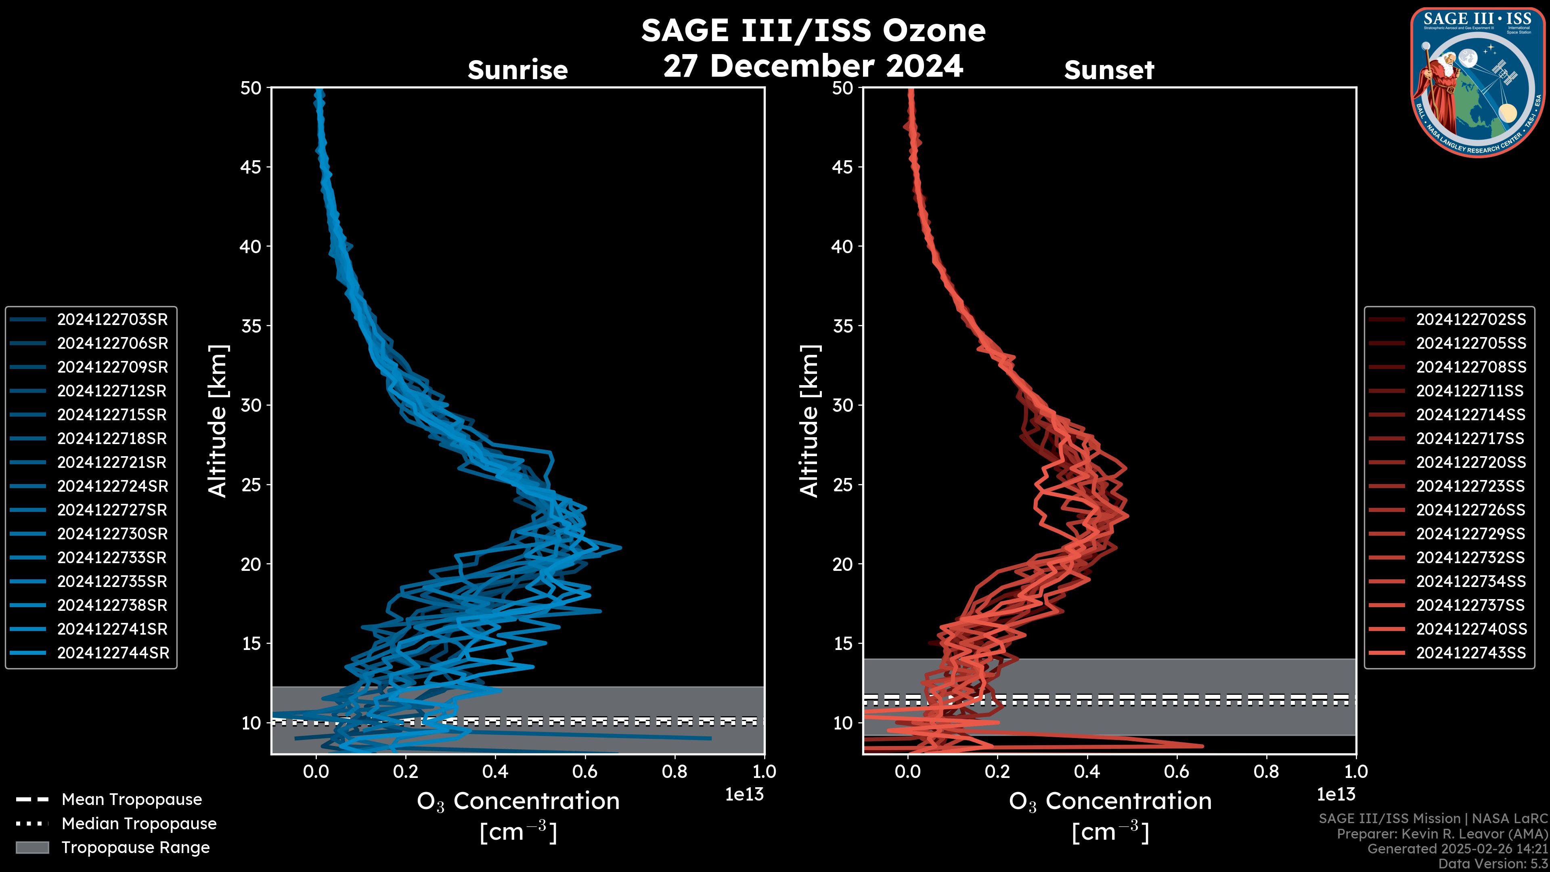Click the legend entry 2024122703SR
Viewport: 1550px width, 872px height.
pyautogui.click(x=113, y=320)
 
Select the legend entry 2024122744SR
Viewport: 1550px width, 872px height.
pyautogui.click(x=113, y=653)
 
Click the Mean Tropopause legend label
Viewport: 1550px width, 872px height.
pyautogui.click(x=132, y=799)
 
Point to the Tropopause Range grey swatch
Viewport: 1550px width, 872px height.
pyautogui.click(x=32, y=847)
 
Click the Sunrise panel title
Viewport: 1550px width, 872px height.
pyautogui.click(x=517, y=70)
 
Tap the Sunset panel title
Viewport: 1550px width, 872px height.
pyautogui.click(x=1109, y=70)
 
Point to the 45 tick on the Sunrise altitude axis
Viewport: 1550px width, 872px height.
pyautogui.click(x=251, y=167)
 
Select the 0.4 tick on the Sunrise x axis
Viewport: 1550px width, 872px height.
pyautogui.click(x=495, y=771)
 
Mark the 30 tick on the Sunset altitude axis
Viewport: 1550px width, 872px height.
pyautogui.click(x=842, y=405)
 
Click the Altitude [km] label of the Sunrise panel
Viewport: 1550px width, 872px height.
pyautogui.click(x=217, y=421)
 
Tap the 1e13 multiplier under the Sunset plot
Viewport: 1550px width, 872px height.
pyautogui.click(x=1336, y=794)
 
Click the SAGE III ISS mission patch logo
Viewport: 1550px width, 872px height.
pyautogui.click(x=1477, y=82)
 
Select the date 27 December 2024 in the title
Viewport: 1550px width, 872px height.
pyautogui.click(x=813, y=65)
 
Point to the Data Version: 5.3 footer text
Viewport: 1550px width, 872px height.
pyautogui.click(x=1492, y=864)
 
